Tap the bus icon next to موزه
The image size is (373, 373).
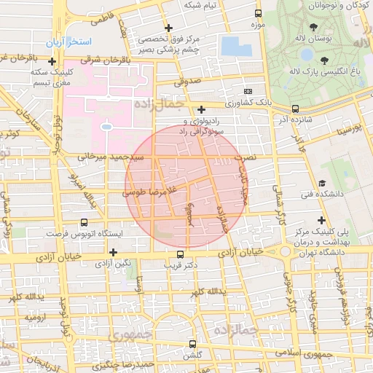tap(258, 14)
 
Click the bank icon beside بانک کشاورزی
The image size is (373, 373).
tap(248, 92)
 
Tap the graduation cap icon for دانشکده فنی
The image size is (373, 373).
tap(321, 183)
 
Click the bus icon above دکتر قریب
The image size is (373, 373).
tap(180, 254)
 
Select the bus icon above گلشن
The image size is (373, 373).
tap(192, 343)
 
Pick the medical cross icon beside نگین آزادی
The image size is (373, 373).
tap(113, 251)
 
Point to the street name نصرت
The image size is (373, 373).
tap(249, 157)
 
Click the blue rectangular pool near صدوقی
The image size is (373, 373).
tap(234, 46)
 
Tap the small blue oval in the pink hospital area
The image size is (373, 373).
tap(106, 127)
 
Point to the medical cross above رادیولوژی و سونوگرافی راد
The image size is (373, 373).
tap(201, 109)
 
